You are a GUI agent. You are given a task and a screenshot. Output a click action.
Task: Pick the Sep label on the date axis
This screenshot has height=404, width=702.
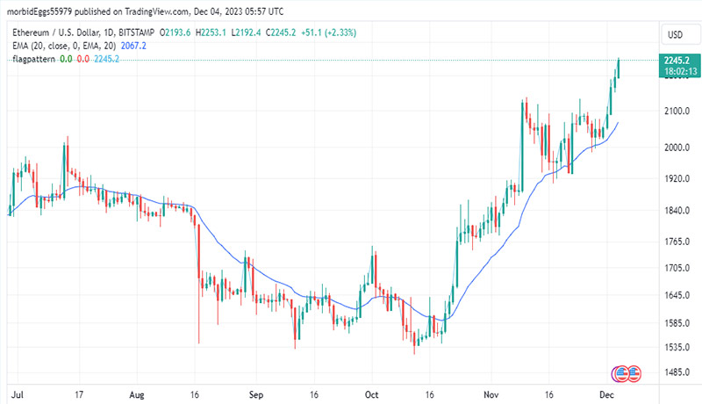(x=255, y=394)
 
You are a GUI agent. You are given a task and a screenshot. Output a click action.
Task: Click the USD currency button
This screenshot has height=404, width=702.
(x=676, y=34)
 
